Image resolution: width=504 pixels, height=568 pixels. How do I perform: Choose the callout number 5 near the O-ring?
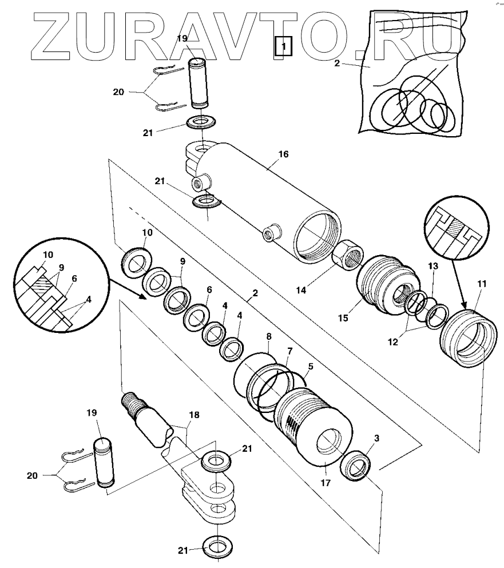pos(310,366)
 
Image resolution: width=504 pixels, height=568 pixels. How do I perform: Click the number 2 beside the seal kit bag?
pos(338,63)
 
